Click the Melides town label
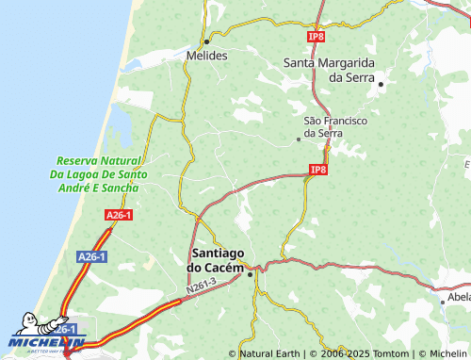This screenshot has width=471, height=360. coord(207,56)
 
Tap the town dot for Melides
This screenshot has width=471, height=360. coord(206,42)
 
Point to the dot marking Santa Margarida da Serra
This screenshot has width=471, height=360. coord(381,85)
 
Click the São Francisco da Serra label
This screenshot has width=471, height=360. coord(335,127)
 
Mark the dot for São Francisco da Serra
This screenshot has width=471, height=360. coord(299,139)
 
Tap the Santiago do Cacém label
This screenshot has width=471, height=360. coord(218,261)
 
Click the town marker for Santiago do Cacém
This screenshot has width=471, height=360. coord(250,274)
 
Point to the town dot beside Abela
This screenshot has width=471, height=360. coord(442,302)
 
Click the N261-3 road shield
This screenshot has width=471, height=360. coord(201,284)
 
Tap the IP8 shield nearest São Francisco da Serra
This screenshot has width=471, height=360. coord(317,170)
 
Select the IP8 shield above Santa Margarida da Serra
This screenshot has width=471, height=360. coord(316,36)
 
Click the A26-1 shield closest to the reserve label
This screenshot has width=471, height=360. coord(119,216)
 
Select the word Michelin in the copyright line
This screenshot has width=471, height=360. coord(442,353)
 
